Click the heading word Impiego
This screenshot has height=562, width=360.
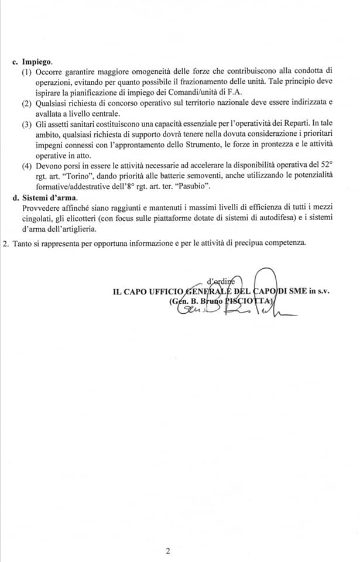coord(37,61)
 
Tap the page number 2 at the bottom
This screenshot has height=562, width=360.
coord(167,550)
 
